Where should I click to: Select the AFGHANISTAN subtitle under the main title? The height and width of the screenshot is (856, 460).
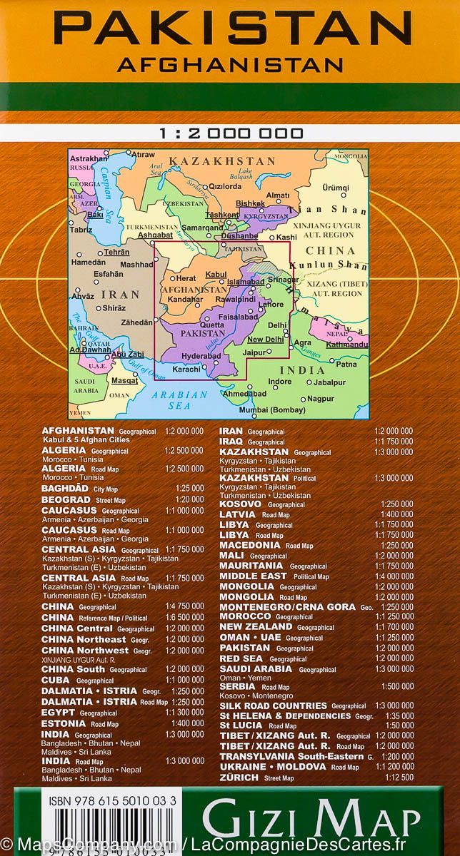(x=230, y=66)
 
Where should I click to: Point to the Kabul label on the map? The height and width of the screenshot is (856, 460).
(x=216, y=275)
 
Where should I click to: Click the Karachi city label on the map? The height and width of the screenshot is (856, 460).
(x=186, y=370)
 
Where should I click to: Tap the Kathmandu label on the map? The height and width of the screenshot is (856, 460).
(x=348, y=345)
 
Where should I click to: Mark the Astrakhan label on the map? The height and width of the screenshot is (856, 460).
(x=89, y=158)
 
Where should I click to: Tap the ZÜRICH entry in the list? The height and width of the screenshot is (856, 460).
(x=239, y=777)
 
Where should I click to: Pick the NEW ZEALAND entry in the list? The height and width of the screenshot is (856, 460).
(x=256, y=627)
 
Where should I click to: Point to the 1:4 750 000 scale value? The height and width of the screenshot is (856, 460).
(x=184, y=607)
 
